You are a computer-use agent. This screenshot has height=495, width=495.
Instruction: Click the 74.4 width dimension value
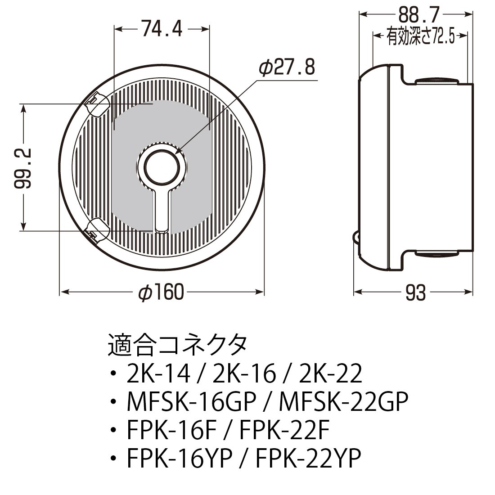tap(162, 30)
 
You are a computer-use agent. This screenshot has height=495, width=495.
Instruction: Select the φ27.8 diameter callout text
tap(286, 68)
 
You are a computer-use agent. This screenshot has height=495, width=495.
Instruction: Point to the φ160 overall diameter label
tap(161, 293)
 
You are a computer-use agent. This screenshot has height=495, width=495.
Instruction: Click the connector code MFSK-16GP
tap(192, 402)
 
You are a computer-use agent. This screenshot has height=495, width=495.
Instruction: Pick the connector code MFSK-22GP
tap(344, 402)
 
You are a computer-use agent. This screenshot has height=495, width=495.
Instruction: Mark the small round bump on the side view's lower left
tap(356, 238)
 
